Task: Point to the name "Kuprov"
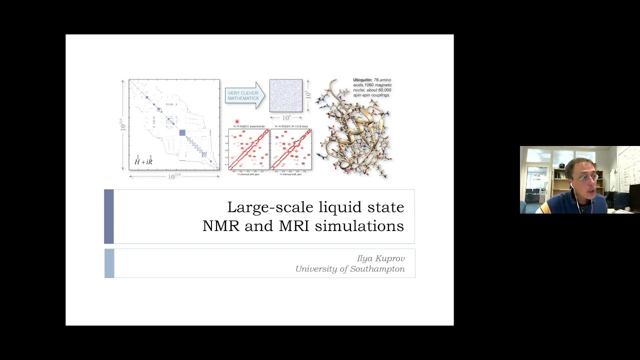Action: pyautogui.click(x=389, y=258)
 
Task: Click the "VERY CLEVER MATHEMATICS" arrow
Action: pyautogui.click(x=244, y=95)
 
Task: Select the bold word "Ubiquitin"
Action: pyautogui.click(x=362, y=80)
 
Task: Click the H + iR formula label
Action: pyautogui.click(x=143, y=161)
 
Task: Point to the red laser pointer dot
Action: pyautogui.click(x=237, y=121)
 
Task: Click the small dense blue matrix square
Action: pyautogui.click(x=286, y=95)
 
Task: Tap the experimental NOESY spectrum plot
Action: pyautogui.click(x=248, y=149)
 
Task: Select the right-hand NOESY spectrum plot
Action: pyautogui.click(x=290, y=149)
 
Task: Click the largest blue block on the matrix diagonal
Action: pyautogui.click(x=182, y=132)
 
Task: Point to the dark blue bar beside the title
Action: pyautogui.click(x=109, y=216)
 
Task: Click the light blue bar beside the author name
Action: pyautogui.click(x=109, y=263)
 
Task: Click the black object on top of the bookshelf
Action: pyautogui.click(x=561, y=165)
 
